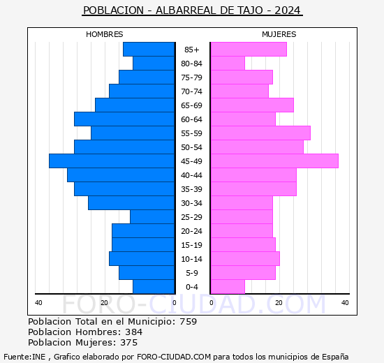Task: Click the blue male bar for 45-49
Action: coord(112,161)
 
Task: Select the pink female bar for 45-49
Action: coord(274,161)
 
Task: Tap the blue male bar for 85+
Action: coord(149,50)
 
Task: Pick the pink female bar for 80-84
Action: coord(228,64)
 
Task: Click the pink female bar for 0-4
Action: coord(228,287)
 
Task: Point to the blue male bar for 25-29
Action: coord(152,217)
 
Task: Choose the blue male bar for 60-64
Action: coord(124,119)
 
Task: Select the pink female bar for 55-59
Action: coord(260,133)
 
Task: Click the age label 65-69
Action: coord(191,105)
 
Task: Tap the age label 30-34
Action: coord(191,203)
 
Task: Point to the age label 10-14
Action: coord(191,259)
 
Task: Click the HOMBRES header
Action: coord(105,34)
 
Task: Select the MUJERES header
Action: coord(279,34)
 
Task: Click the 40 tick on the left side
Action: coord(38,302)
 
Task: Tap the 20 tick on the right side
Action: coord(278,302)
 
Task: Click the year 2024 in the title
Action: coord(288,11)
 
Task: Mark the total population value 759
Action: coord(188,322)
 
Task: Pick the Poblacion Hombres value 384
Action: coord(133,332)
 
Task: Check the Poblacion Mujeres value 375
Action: coord(128,343)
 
